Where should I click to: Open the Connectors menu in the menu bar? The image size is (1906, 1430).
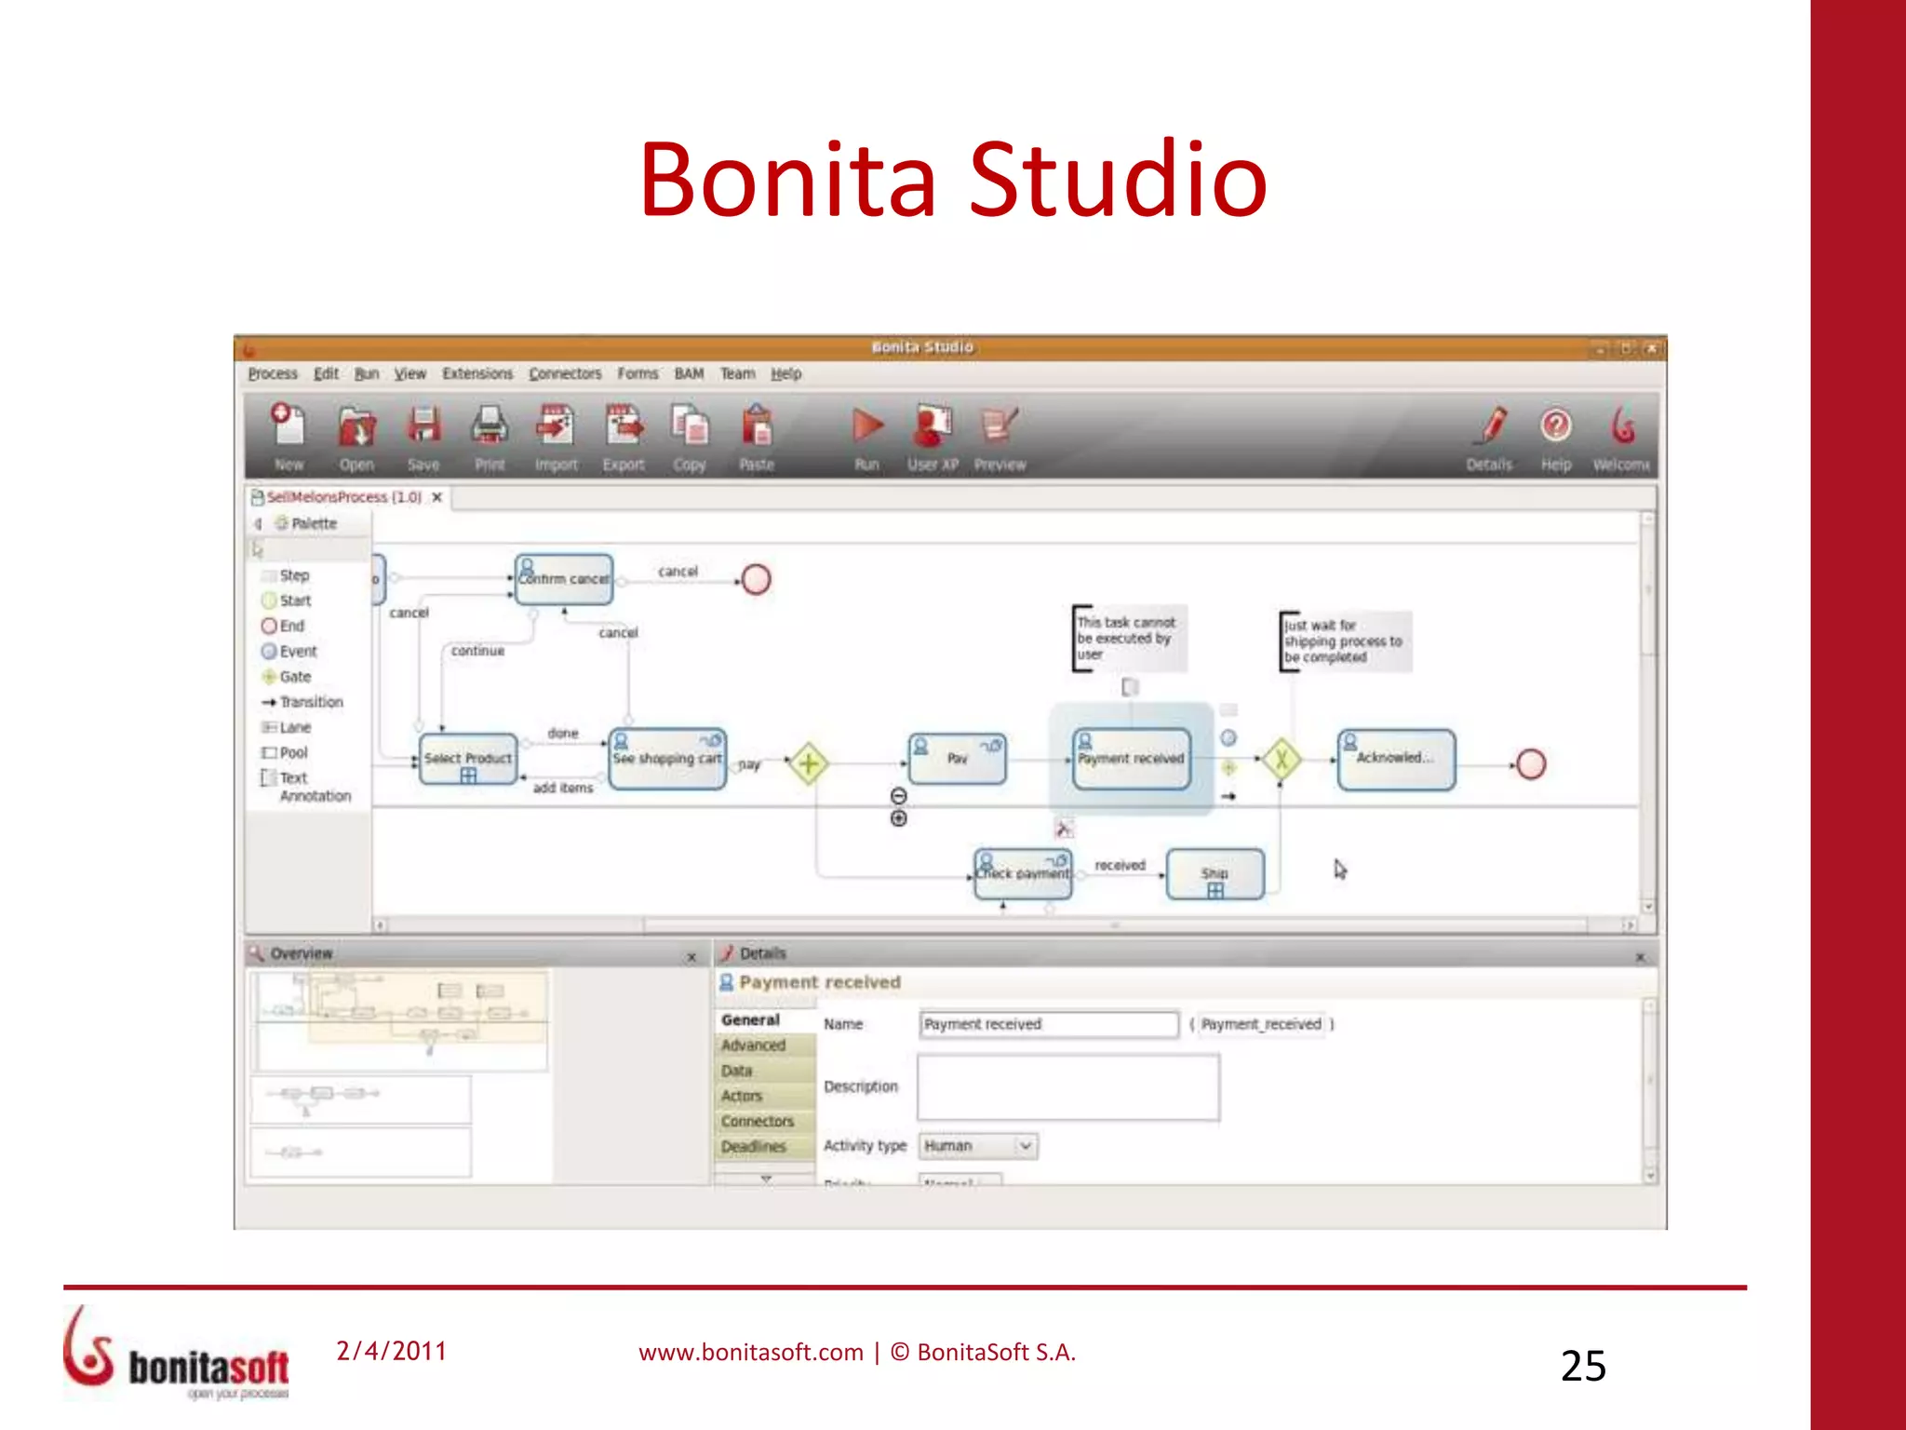coord(565,373)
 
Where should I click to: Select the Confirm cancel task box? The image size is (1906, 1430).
coord(564,579)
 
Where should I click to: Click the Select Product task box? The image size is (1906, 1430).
coord(468,760)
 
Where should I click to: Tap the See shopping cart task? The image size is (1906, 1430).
coord(667,760)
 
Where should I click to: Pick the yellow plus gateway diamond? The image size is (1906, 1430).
coord(809,763)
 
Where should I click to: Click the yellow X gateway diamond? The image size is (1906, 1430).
coord(1282,760)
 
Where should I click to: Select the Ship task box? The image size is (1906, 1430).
coord(1215,874)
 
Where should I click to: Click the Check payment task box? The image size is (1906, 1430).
coord(1023,874)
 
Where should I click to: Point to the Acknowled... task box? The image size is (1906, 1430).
coord(1395,759)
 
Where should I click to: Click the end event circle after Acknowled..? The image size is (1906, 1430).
coord(1531,764)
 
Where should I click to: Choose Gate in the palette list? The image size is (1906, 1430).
coord(294,677)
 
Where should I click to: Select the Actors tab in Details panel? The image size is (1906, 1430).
coord(743,1096)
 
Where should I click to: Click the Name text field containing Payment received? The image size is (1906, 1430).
coord(1049,1024)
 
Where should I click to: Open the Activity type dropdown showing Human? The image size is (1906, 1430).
coord(978,1146)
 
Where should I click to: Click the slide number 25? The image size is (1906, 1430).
coord(1583,1366)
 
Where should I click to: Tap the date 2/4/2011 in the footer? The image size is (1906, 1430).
coord(392,1351)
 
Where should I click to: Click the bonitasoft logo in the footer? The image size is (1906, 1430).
coord(177,1355)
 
